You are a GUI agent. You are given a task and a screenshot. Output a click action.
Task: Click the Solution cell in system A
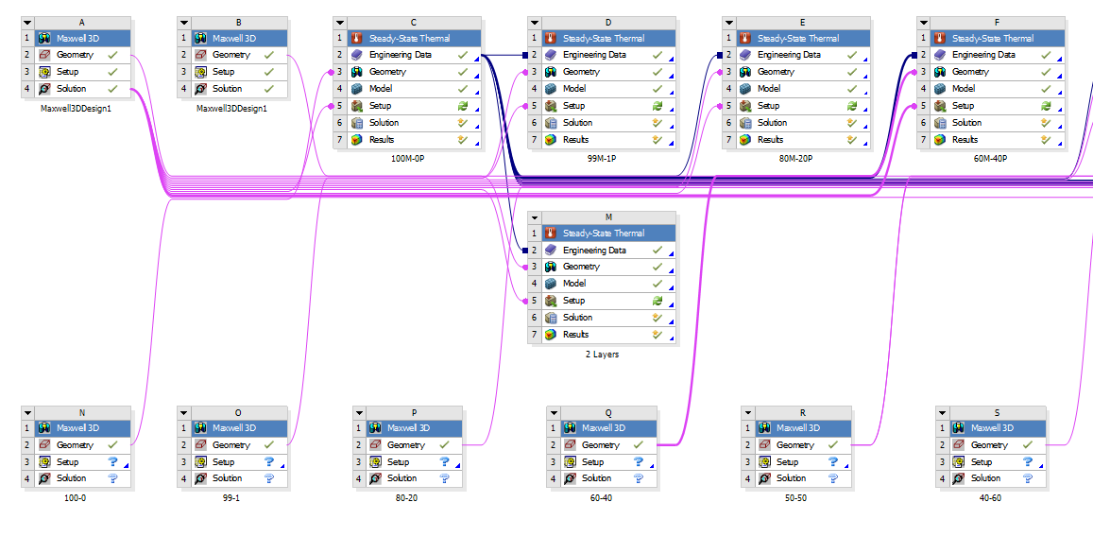click(71, 89)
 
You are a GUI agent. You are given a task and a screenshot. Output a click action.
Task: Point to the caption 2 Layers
click(601, 354)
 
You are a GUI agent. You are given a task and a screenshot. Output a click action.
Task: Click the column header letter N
click(82, 412)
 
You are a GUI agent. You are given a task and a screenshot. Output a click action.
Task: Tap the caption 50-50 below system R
click(795, 497)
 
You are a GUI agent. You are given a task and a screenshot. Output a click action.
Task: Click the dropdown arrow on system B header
click(184, 22)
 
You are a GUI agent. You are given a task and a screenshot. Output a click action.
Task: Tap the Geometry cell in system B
click(231, 55)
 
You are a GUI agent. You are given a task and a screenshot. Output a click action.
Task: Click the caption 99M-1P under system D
click(601, 159)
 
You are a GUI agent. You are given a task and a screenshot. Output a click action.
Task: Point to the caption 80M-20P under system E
click(795, 159)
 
